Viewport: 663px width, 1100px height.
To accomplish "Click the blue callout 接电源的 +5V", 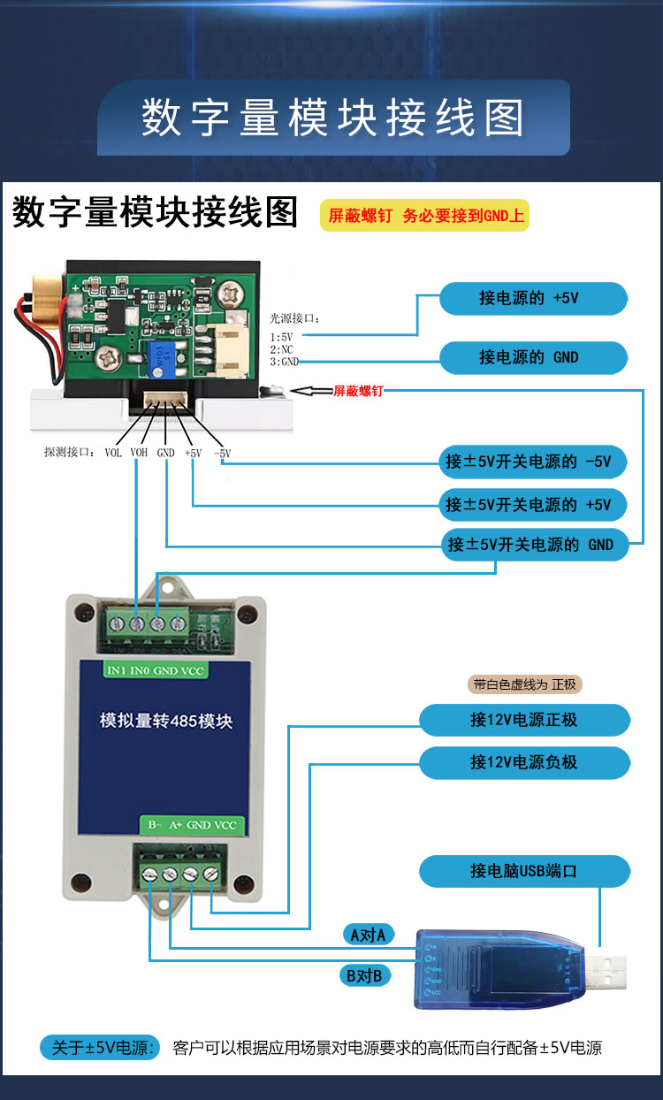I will coord(533,298).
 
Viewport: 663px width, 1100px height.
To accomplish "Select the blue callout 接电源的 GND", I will coord(533,357).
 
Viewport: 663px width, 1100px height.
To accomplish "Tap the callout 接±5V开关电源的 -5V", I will coord(533,461).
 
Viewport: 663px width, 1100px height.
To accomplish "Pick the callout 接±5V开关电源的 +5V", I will coord(533,504).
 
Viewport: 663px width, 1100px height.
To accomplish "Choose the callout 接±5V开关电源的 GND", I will coord(533,545).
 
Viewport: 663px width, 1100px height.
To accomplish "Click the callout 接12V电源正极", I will coord(524,720).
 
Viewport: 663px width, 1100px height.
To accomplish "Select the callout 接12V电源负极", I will coord(524,761).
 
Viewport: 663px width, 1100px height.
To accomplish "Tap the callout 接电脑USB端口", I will coord(524,871).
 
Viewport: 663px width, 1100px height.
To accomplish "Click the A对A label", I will coord(368,935).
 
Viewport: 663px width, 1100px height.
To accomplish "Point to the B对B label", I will coord(364,976).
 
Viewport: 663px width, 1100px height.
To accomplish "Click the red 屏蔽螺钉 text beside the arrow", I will coord(358,391).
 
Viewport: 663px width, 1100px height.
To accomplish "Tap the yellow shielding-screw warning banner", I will coord(424,215).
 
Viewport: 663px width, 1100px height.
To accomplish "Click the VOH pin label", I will coord(139,453).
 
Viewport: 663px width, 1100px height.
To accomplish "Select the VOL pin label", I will coord(113,453).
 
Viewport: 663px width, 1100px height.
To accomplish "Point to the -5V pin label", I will coord(222,453).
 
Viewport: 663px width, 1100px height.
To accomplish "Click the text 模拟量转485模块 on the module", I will coord(166,721).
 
